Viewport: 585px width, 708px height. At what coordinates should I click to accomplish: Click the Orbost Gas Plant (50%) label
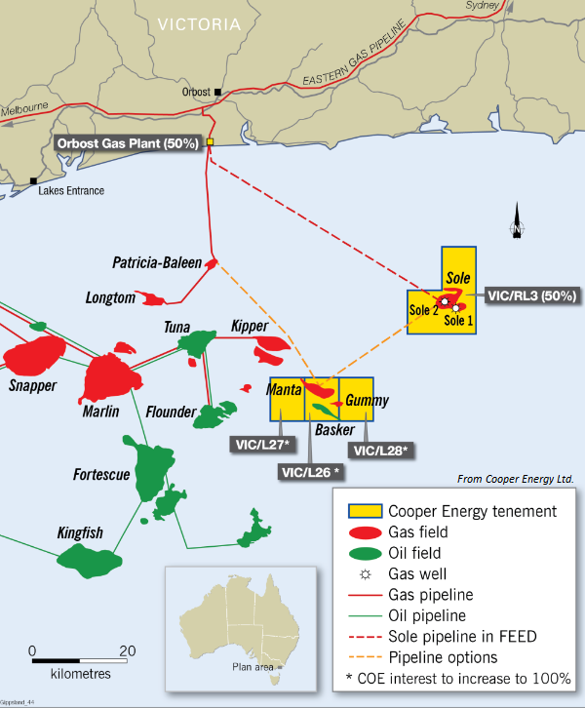[128, 142]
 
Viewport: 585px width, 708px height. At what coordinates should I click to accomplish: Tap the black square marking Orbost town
[218, 93]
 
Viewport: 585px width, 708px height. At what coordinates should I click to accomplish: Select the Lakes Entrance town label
[71, 191]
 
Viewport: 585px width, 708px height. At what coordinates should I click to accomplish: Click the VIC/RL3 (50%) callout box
[531, 295]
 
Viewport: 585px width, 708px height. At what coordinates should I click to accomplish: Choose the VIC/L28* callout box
[377, 450]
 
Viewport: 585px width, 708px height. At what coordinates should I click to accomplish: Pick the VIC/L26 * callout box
[310, 471]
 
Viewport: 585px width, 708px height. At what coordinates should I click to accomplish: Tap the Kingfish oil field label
[80, 533]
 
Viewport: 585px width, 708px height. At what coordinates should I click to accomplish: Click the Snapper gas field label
[32, 385]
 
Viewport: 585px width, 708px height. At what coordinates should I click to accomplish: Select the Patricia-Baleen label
[157, 263]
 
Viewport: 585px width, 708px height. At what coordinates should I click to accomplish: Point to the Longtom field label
[110, 297]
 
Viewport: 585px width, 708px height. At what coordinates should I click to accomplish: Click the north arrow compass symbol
[517, 224]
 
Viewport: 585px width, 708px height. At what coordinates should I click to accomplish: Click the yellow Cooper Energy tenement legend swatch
[365, 511]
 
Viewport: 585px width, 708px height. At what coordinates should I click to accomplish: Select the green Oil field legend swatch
[366, 553]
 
